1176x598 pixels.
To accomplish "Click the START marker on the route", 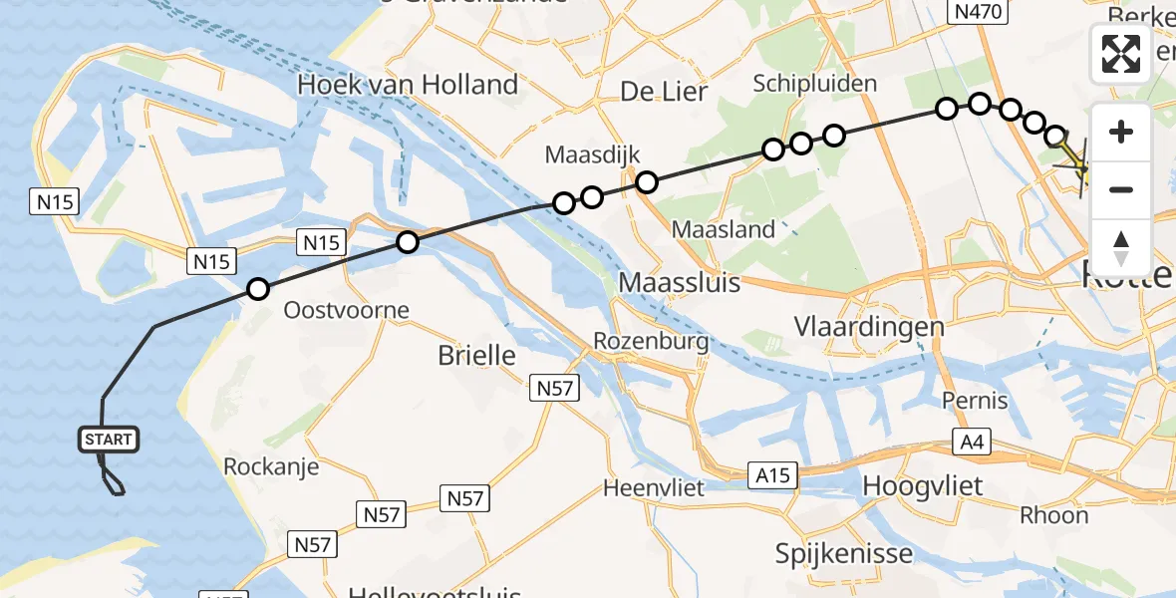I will tap(108, 440).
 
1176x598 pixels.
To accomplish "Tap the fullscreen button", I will tap(1121, 54).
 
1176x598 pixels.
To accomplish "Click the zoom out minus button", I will tap(1121, 189).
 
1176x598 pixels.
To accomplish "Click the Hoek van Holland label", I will tap(408, 85).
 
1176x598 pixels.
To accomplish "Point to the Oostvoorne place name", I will tap(346, 310).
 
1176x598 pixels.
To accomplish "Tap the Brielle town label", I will tap(476, 355).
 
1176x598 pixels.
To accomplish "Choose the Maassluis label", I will tap(679, 282).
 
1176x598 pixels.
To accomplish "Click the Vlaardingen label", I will tap(868, 326).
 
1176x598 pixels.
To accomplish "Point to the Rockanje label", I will tap(271, 466).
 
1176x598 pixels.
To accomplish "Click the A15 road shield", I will tap(772, 475).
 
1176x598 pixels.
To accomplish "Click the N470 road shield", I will tap(979, 11).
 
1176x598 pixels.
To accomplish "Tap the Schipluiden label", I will tap(815, 83).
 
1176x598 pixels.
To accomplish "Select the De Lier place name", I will tap(663, 93).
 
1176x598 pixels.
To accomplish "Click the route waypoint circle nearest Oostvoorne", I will tap(258, 290).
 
